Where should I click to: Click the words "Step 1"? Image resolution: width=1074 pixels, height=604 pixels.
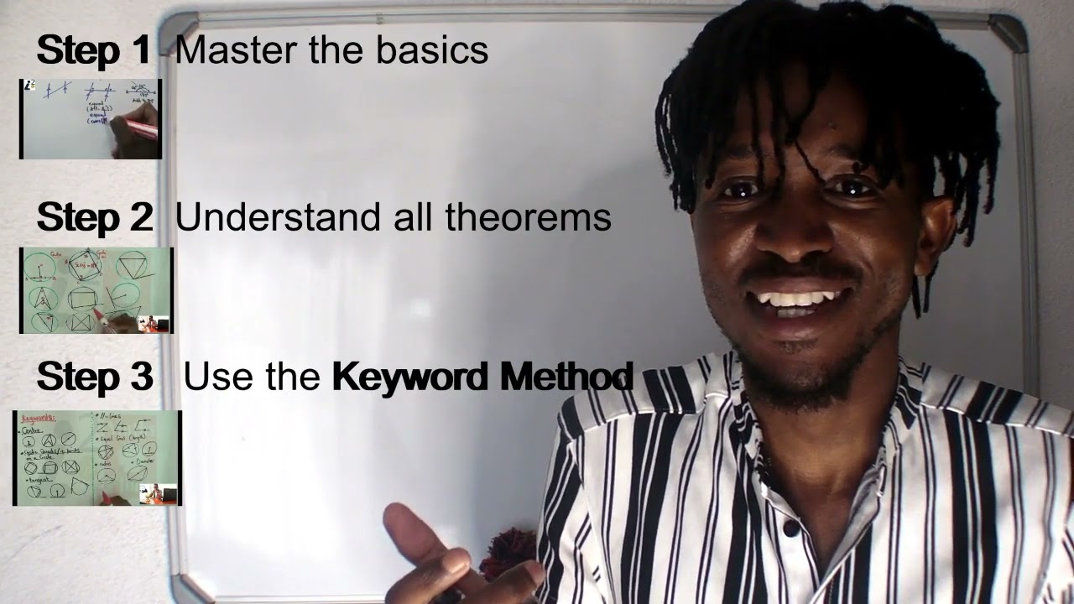pyautogui.click(x=94, y=50)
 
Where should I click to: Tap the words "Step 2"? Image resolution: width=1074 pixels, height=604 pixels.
pyautogui.click(x=94, y=218)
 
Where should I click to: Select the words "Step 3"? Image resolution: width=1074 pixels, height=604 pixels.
pyautogui.click(x=94, y=377)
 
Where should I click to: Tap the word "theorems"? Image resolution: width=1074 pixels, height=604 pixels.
pyautogui.click(x=528, y=218)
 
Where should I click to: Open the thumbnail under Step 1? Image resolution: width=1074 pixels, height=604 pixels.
pyautogui.click(x=91, y=119)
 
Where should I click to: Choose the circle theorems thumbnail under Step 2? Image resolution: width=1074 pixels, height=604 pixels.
pyautogui.click(x=96, y=290)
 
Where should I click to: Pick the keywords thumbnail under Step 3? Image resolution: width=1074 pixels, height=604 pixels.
pyautogui.click(x=96, y=458)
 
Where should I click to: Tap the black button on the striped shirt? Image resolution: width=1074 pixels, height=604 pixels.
pyautogui.click(x=790, y=528)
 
